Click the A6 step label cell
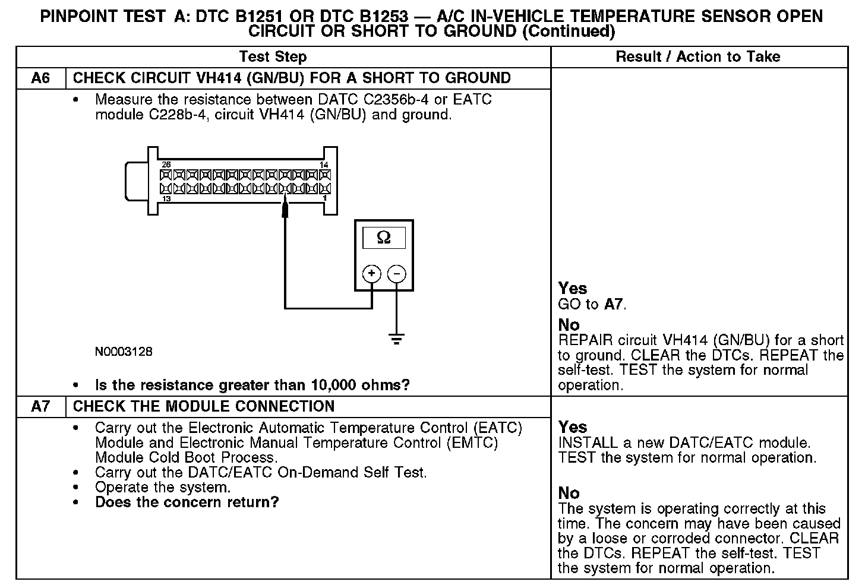click(x=40, y=78)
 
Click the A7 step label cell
click(x=40, y=406)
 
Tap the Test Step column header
click(x=273, y=57)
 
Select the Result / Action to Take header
click(x=698, y=57)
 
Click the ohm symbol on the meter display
click(x=384, y=238)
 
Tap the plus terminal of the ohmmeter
click(x=372, y=274)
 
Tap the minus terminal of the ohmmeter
click(x=397, y=274)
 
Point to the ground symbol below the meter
click(x=397, y=340)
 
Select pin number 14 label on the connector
click(x=324, y=165)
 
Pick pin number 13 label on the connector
click(x=166, y=199)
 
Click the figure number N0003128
click(x=124, y=352)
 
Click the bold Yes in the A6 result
click(x=573, y=289)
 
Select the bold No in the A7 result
click(x=569, y=493)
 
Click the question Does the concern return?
click(x=187, y=502)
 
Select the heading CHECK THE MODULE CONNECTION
click(x=204, y=406)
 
